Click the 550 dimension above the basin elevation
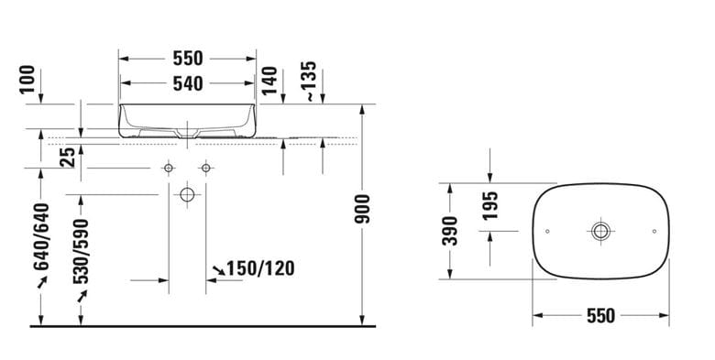(188, 59)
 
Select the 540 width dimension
(188, 83)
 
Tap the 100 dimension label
(27, 79)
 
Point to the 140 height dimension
(269, 81)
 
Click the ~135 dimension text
(310, 82)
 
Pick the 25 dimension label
(68, 158)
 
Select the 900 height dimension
(363, 209)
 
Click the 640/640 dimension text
(41, 237)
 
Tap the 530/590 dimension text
(82, 252)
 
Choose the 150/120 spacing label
(260, 268)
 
